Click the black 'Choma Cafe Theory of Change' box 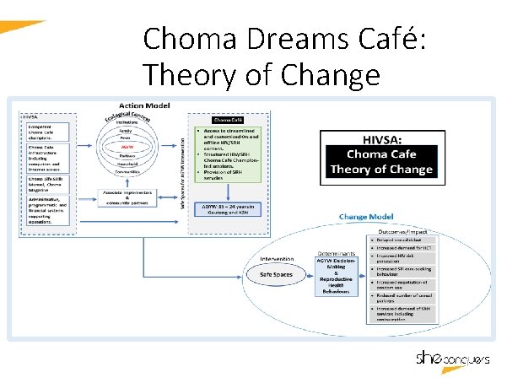pyautogui.click(x=379, y=161)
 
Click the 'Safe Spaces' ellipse pyautogui.click(x=276, y=274)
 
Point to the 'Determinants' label pyautogui.click(x=335, y=252)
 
